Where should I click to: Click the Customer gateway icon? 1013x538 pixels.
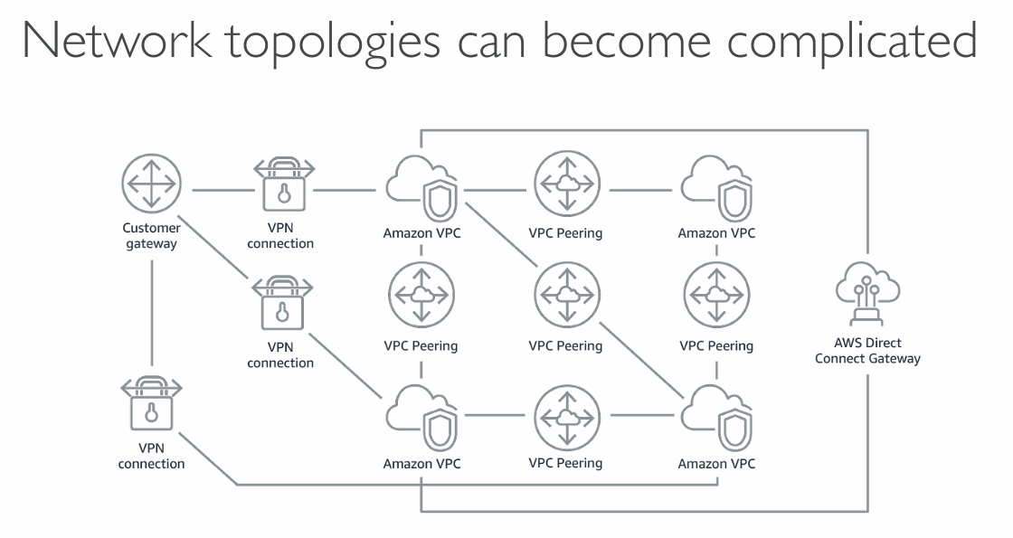click(151, 184)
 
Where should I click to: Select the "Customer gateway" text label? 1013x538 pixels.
click(151, 236)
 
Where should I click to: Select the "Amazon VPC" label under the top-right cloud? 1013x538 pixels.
click(716, 233)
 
